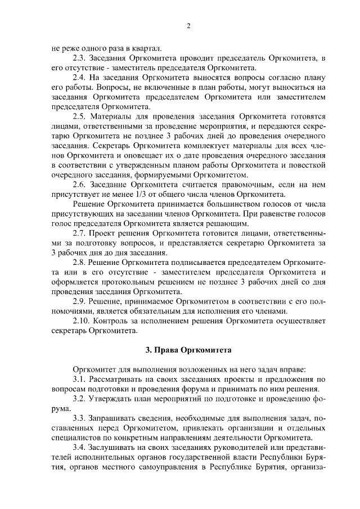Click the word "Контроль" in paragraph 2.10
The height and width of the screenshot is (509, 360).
(112, 321)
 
